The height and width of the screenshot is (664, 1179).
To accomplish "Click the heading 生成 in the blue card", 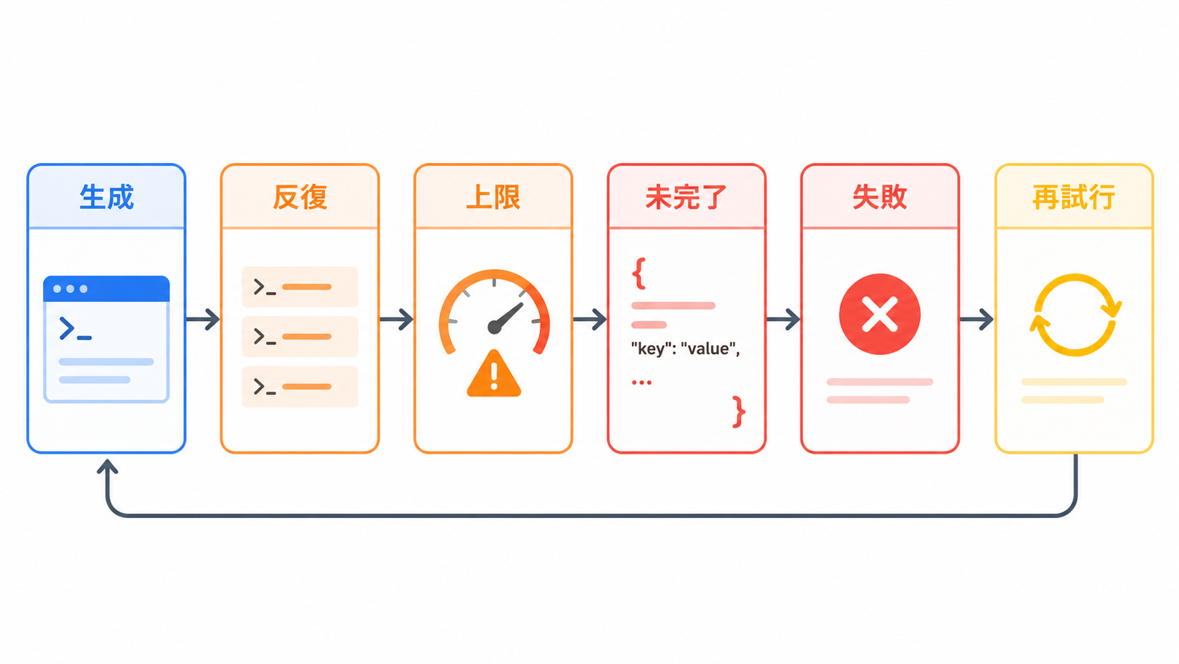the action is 106,198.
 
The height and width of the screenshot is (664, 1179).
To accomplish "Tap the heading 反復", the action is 300,198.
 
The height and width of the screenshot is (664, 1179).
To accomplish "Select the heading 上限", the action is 493,198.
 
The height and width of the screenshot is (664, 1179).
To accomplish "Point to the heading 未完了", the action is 686,198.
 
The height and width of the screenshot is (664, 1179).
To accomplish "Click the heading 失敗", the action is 879,198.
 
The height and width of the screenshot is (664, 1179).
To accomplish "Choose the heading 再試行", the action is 1074,198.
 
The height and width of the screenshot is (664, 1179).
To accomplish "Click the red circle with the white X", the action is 879,315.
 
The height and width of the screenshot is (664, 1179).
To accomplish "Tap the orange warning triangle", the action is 494,374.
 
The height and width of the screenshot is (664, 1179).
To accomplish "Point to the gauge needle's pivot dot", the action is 494,327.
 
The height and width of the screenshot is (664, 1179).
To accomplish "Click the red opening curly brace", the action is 639,273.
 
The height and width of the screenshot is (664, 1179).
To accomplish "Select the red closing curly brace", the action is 738,412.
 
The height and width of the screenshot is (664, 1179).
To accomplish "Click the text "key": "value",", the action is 685,349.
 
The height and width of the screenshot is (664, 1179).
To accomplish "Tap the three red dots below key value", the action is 642,382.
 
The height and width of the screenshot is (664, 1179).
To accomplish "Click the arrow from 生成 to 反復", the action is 202,319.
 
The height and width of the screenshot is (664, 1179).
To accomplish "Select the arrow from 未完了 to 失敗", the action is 783,319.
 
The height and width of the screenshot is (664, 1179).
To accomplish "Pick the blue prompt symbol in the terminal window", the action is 75,329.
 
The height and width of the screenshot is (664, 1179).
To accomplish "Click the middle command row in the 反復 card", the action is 300,337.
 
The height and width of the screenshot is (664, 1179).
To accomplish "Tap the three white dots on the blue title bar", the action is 70,289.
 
